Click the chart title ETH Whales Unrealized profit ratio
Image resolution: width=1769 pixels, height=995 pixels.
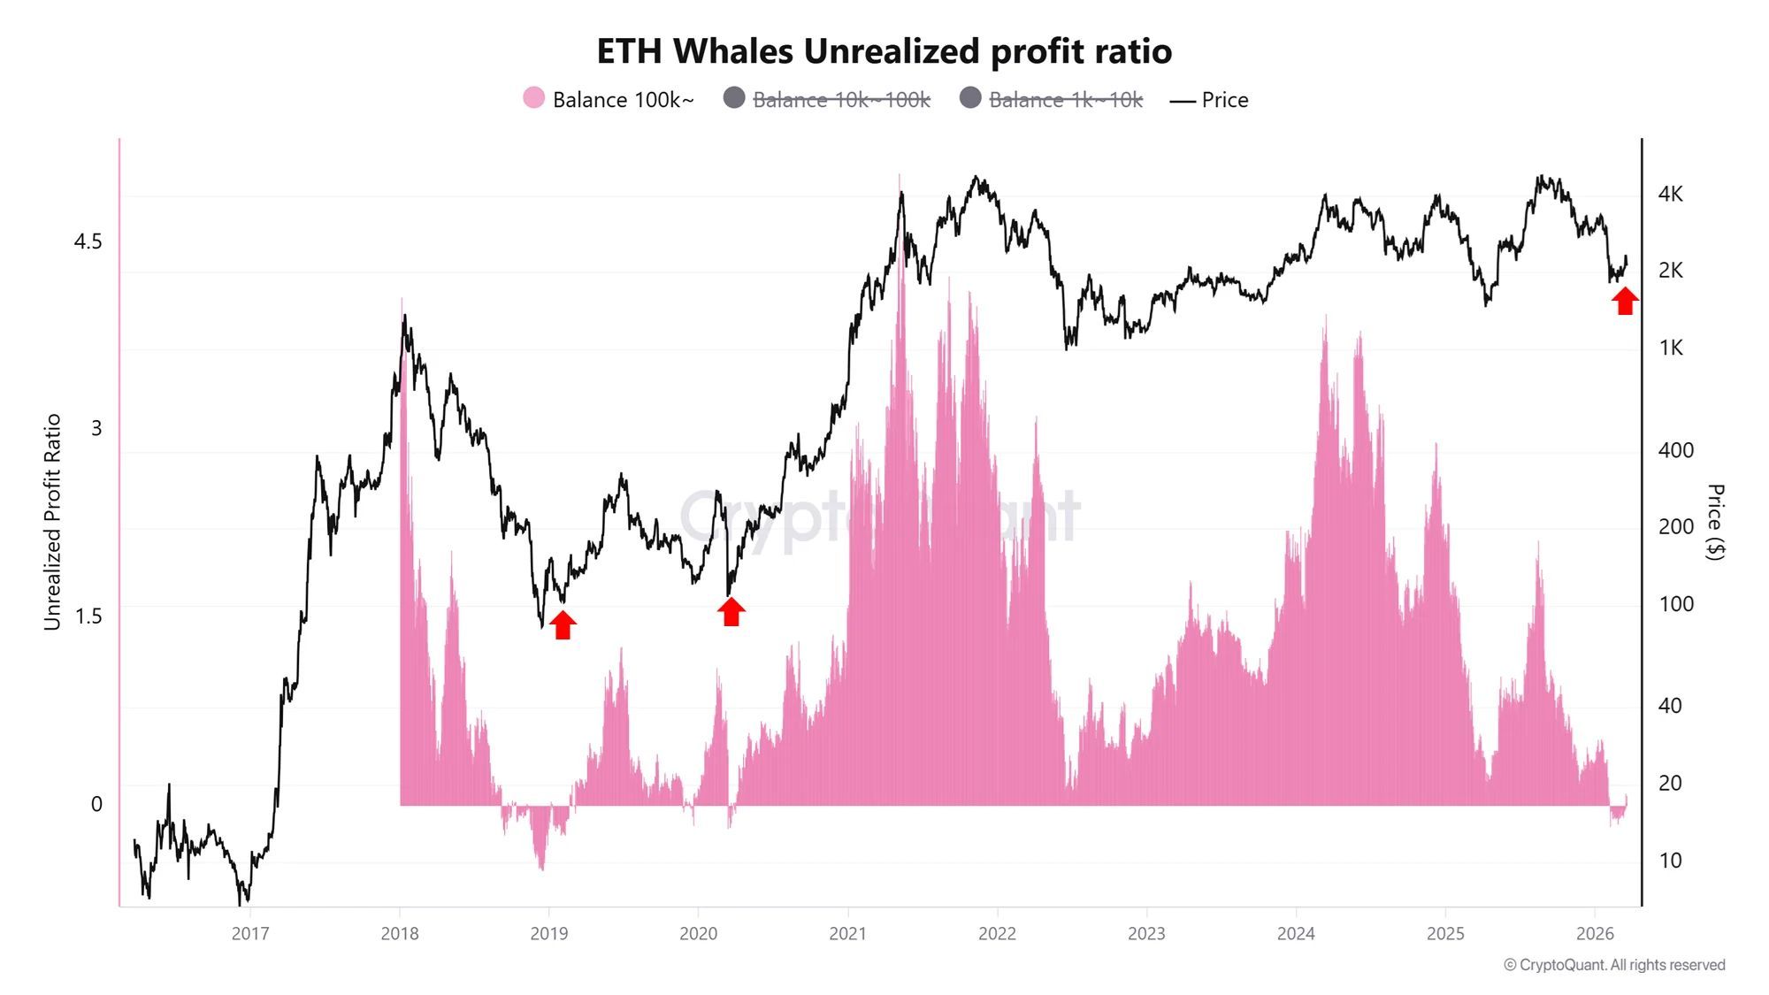(884, 51)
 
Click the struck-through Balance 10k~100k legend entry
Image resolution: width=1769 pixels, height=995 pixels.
(827, 99)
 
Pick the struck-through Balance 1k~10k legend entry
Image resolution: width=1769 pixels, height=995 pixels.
(1053, 99)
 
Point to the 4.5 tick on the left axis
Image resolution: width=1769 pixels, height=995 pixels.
(88, 241)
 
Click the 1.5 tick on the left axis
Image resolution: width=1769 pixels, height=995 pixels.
(88, 616)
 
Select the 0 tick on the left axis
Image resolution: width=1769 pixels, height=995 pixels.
(96, 804)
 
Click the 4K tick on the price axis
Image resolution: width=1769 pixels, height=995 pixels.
(1670, 194)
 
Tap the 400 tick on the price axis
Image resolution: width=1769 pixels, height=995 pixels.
(1675, 450)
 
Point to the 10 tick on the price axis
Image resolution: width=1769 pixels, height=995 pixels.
(1670, 860)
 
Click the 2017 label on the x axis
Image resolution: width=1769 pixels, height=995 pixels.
(250, 933)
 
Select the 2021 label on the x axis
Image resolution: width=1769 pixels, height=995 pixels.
(847, 933)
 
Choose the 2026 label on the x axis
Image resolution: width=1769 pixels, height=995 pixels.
(1595, 933)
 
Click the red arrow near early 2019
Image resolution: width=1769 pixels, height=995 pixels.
(563, 624)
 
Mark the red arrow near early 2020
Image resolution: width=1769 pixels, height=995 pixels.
(731, 611)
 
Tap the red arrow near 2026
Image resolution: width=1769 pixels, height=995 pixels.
(1625, 301)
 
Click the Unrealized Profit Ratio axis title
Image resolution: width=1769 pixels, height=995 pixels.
(52, 522)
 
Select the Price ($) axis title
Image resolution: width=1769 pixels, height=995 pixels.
(1714, 522)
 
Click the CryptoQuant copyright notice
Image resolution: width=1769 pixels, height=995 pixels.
(1614, 965)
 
